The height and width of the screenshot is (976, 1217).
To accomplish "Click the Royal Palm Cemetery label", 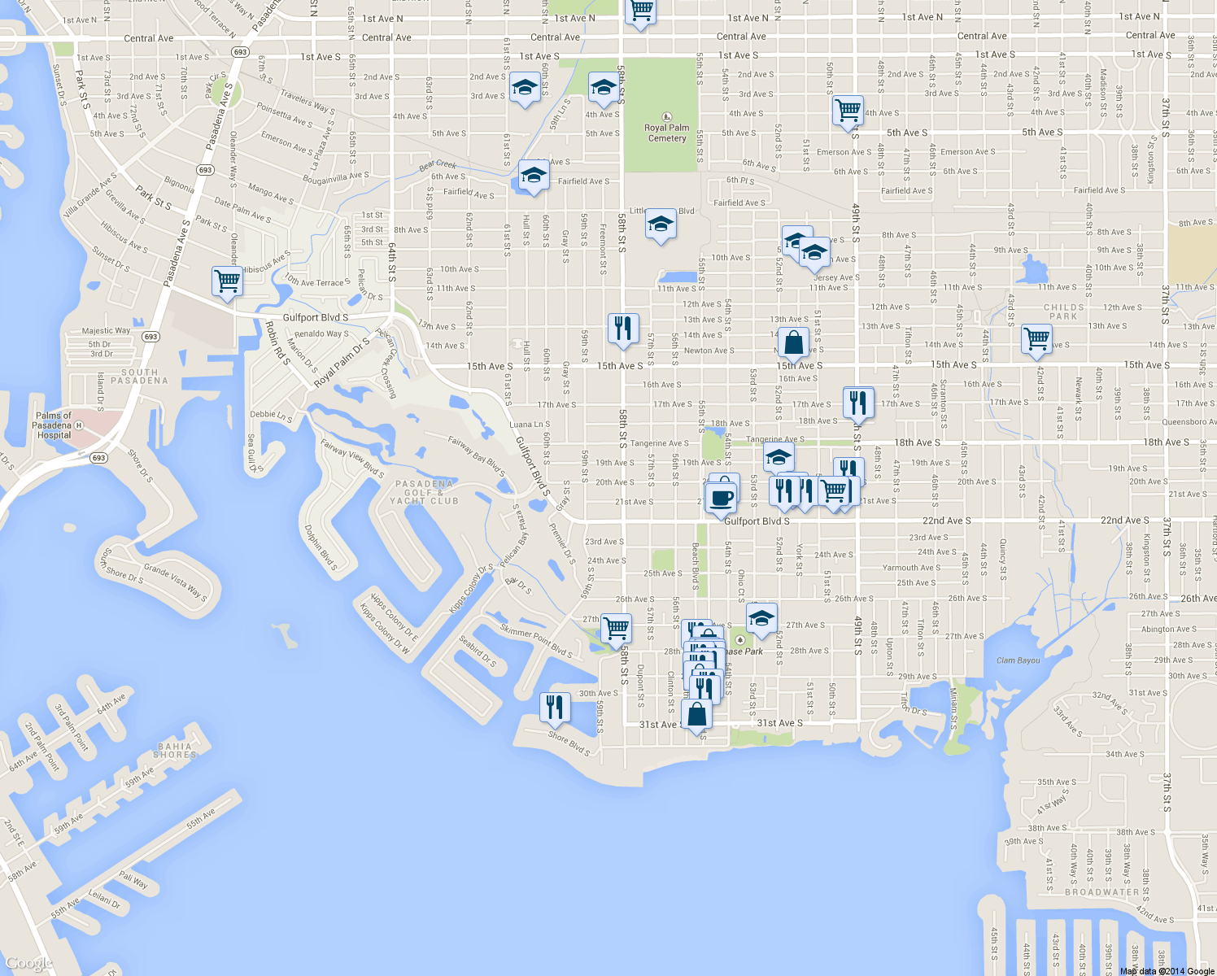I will click(x=667, y=133).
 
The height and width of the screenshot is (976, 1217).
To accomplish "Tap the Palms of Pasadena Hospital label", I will click(x=53, y=425).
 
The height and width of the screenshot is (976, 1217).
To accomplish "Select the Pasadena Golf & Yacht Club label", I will click(x=424, y=492).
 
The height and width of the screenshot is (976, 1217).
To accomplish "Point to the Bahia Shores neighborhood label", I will click(x=175, y=750).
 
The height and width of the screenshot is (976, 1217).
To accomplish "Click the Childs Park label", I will click(x=1063, y=312).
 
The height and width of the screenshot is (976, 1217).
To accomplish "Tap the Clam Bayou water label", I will click(x=1018, y=660).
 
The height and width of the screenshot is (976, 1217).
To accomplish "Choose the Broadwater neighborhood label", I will click(x=1102, y=892).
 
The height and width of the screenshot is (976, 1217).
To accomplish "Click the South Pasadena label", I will click(x=139, y=376).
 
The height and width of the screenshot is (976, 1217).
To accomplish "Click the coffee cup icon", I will click(x=721, y=497).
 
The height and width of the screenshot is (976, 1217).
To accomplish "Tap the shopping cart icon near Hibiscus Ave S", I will click(x=227, y=281).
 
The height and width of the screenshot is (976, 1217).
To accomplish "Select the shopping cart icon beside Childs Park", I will click(x=1036, y=338).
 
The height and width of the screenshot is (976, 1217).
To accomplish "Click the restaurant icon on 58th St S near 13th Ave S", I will click(x=623, y=329).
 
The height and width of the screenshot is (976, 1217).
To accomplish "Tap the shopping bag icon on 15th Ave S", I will click(x=793, y=342).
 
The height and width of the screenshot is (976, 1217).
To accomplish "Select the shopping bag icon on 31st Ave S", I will click(x=697, y=715).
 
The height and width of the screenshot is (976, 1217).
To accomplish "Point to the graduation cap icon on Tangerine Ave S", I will click(x=779, y=457).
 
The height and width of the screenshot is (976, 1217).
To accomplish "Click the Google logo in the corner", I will click(x=28, y=963).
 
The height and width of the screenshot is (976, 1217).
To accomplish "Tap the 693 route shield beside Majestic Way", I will click(x=150, y=337).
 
